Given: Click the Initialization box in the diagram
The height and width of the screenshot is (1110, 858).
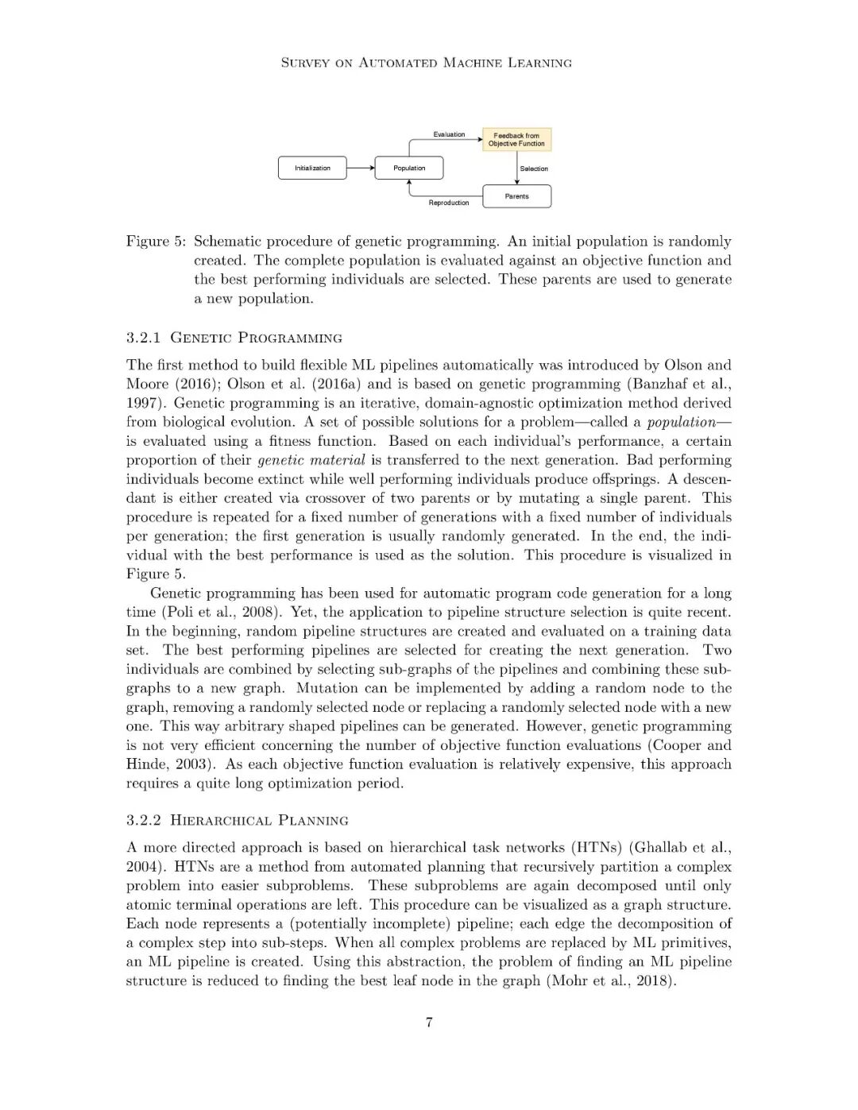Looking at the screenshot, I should click(312, 168).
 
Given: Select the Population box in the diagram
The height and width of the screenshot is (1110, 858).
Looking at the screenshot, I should click(409, 168).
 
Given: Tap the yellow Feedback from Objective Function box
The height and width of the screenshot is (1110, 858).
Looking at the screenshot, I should click(516, 140).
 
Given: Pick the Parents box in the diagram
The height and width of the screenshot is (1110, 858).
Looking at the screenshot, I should click(516, 196).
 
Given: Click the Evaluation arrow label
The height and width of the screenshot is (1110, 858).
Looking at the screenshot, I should click(449, 134).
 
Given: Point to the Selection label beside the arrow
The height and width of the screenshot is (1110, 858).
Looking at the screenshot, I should click(534, 168).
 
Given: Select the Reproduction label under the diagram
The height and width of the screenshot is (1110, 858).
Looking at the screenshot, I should click(449, 203).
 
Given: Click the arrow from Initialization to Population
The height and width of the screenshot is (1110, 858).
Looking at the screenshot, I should click(361, 168).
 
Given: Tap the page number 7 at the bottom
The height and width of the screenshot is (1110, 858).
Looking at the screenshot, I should click(429, 1023).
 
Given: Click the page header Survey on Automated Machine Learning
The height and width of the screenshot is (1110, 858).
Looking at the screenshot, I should click(427, 63).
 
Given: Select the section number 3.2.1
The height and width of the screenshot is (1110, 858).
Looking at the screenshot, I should click(144, 338).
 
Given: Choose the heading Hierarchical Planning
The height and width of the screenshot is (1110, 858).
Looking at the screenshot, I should click(260, 821).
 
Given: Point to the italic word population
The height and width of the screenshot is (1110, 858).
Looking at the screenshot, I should click(681, 422).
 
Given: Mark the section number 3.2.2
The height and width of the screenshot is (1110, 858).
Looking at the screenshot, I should click(144, 821).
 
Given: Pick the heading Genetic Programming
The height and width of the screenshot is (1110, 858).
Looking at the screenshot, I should click(257, 338).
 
